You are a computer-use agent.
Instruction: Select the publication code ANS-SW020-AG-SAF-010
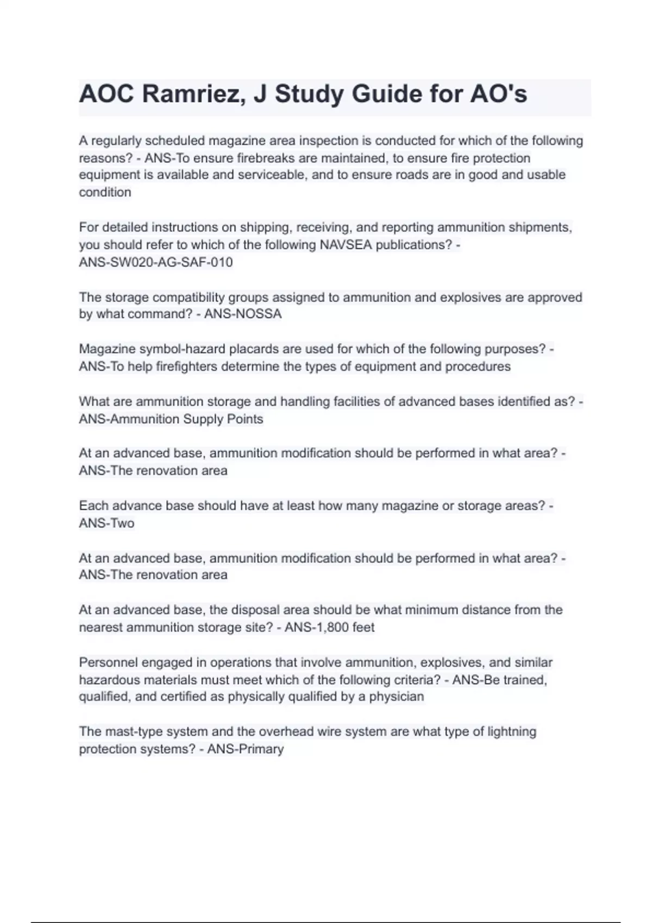[x=156, y=262]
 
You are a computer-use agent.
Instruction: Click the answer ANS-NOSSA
[x=243, y=314]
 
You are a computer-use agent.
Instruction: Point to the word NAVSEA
[x=346, y=245]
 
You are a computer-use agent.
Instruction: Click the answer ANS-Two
[x=106, y=523]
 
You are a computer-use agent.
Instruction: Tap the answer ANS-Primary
[x=246, y=749]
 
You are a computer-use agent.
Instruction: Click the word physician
[x=397, y=697]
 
